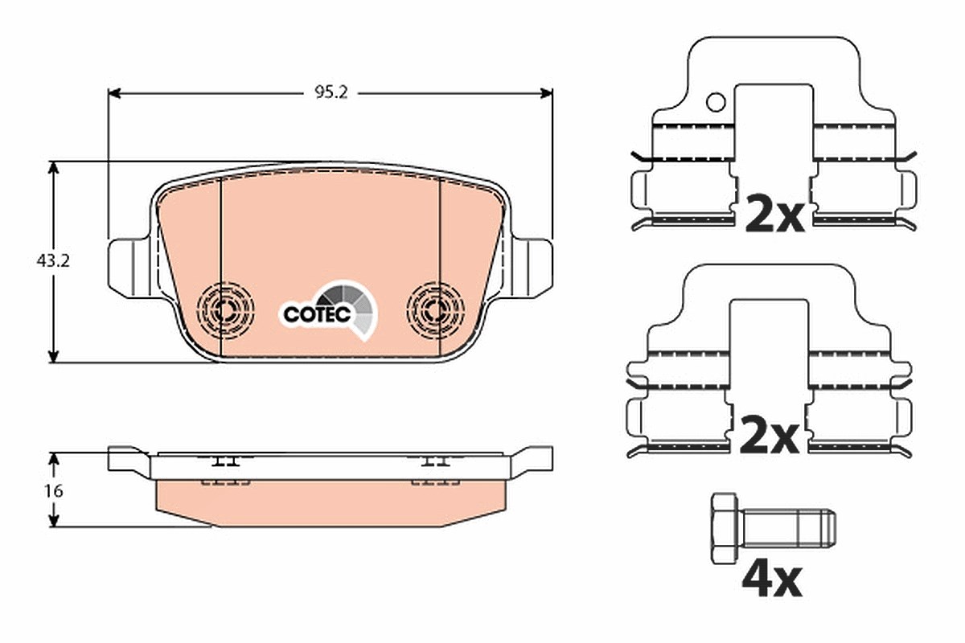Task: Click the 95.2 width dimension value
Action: tap(331, 92)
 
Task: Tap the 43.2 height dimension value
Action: tap(53, 261)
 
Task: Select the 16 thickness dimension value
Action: tap(53, 491)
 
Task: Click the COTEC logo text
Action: tap(317, 314)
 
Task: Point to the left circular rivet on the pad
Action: tap(225, 309)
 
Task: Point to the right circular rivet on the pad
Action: tap(435, 309)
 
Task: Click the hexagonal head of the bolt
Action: tap(725, 528)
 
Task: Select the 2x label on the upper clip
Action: tap(774, 214)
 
